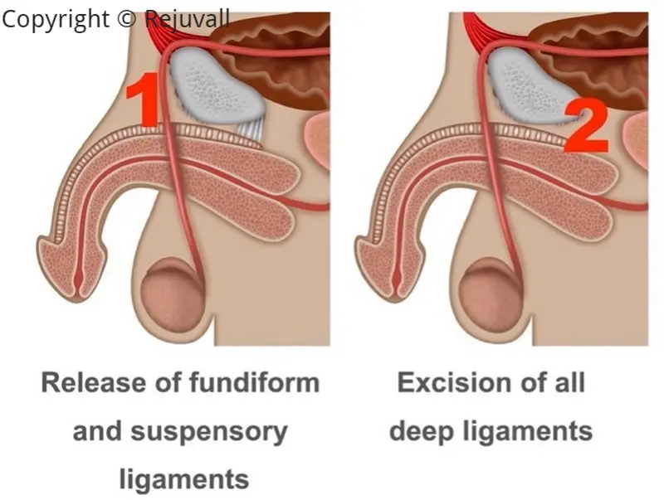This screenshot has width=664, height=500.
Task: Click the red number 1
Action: [146, 100]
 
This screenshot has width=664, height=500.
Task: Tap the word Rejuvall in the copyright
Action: [187, 19]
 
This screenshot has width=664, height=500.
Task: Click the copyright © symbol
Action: [125, 19]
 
